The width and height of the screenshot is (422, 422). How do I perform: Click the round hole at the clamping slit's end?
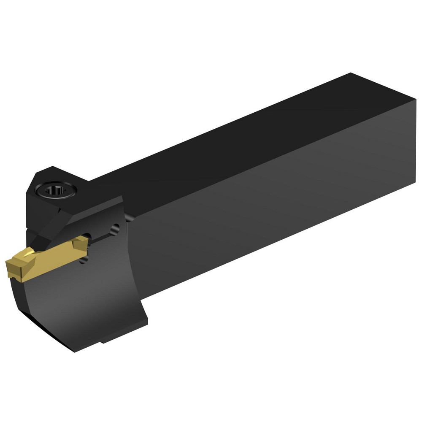point(114,229)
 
